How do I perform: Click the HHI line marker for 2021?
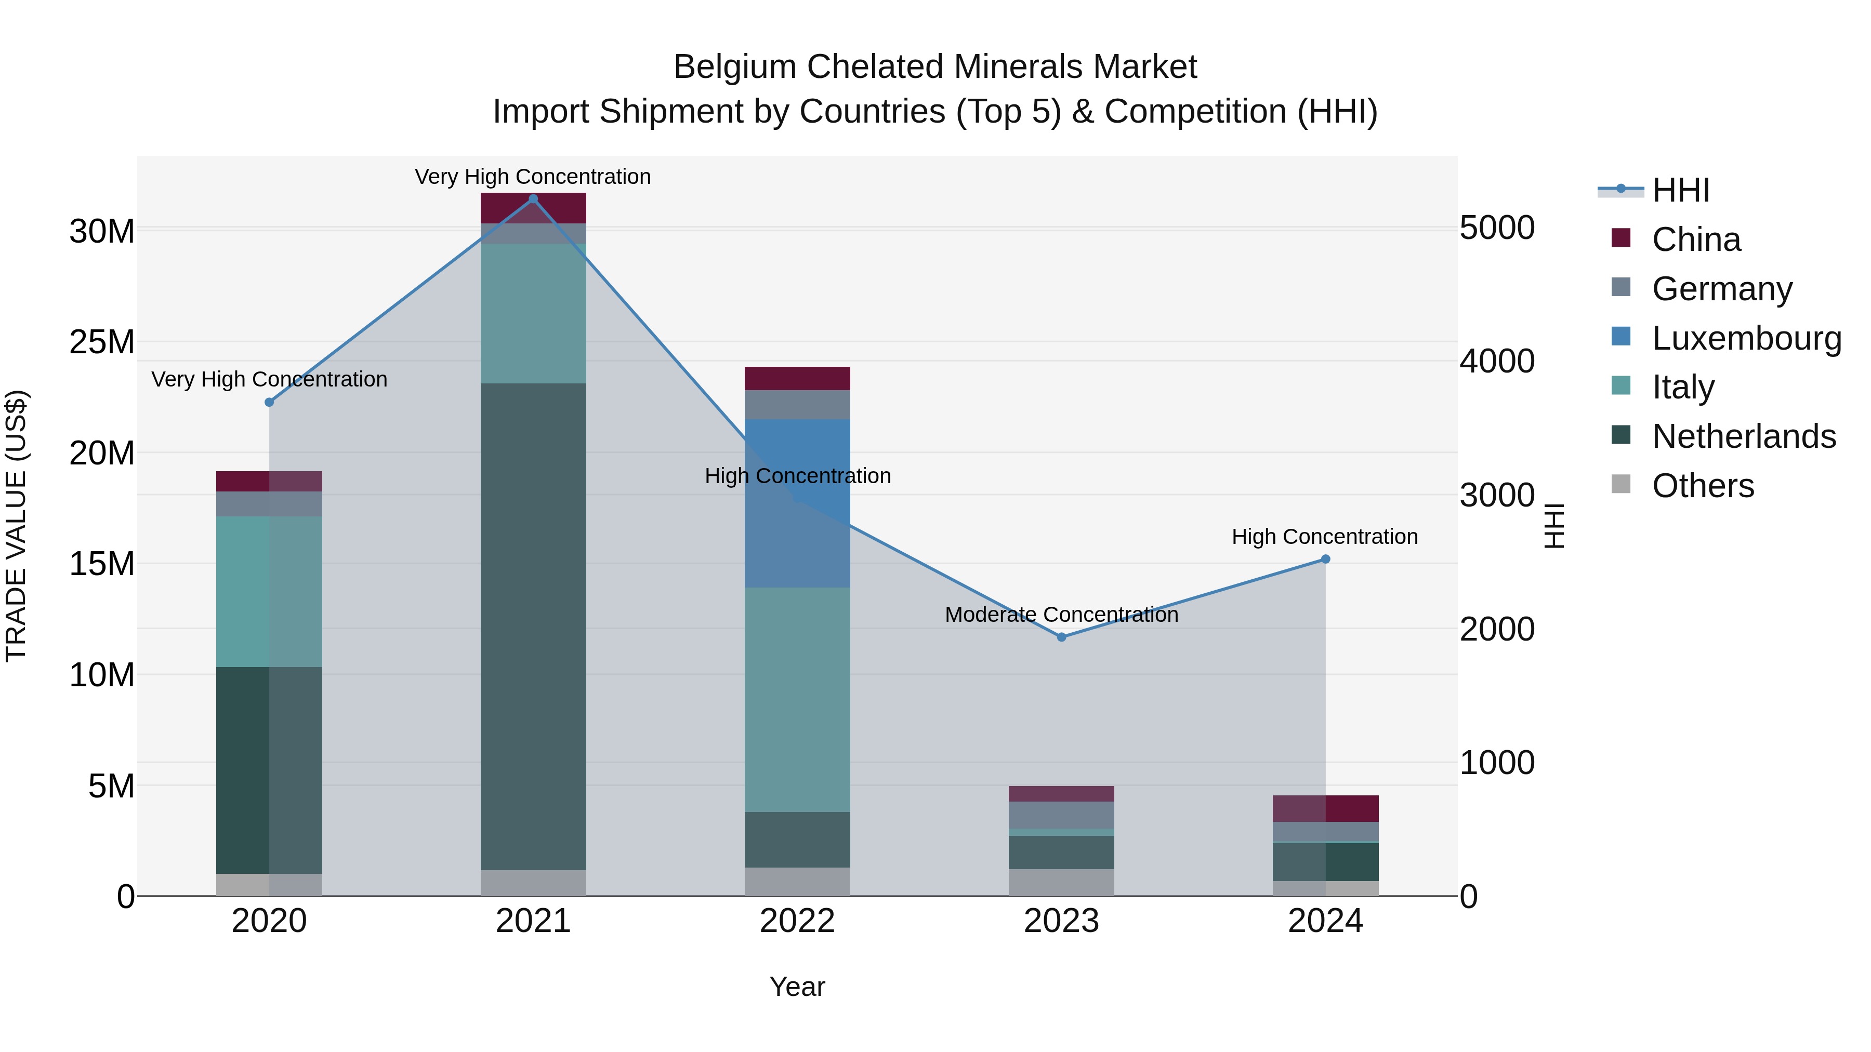pyautogui.click(x=533, y=199)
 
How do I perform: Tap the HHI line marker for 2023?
pyautogui.click(x=1061, y=637)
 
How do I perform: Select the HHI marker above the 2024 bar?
pyautogui.click(x=1325, y=559)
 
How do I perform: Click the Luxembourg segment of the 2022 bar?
pyautogui.click(x=797, y=503)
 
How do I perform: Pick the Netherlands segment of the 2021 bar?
pyautogui.click(x=533, y=626)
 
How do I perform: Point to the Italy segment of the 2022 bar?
pyautogui.click(x=797, y=699)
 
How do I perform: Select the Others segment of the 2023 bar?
pyautogui.click(x=1061, y=882)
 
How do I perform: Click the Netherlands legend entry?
pyautogui.click(x=1743, y=437)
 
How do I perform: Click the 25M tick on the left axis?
pyautogui.click(x=102, y=342)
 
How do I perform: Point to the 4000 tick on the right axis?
pyautogui.click(x=1497, y=362)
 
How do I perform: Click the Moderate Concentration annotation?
pyautogui.click(x=1061, y=615)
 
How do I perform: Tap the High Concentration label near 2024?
pyautogui.click(x=1325, y=537)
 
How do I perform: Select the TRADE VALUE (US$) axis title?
pyautogui.click(x=17, y=526)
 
